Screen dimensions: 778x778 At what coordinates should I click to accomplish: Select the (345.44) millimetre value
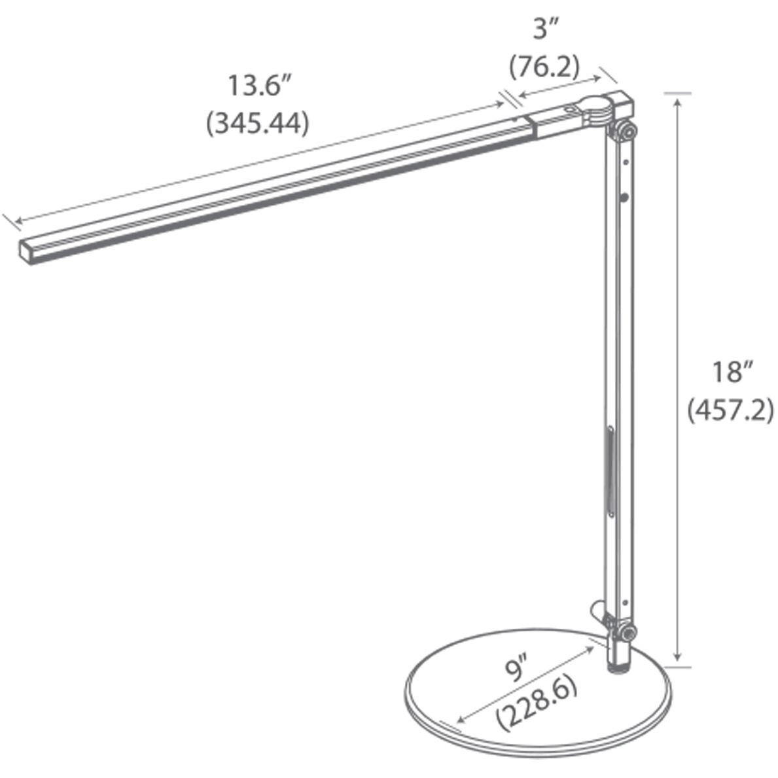coord(257,123)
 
